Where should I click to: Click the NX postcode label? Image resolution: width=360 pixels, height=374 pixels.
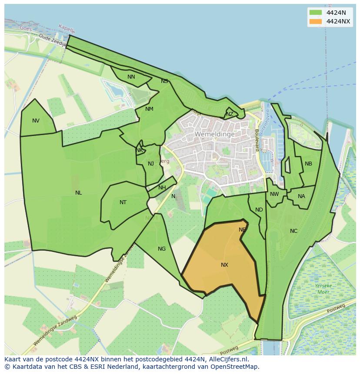pyautogui.click(x=224, y=265)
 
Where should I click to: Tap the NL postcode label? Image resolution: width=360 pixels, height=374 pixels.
pyautogui.click(x=78, y=193)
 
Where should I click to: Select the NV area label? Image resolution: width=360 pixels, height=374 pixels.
pyautogui.click(x=36, y=121)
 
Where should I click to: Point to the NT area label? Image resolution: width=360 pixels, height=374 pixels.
pyautogui.click(x=123, y=202)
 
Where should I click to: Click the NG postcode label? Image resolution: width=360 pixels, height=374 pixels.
pyautogui.click(x=162, y=249)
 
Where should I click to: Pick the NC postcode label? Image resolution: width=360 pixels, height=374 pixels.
pyautogui.click(x=293, y=231)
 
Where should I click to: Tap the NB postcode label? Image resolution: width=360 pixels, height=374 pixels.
pyautogui.click(x=308, y=164)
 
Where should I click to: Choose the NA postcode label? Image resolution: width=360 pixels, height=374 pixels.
pyautogui.click(x=301, y=196)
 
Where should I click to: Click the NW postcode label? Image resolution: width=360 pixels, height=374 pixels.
pyautogui.click(x=274, y=194)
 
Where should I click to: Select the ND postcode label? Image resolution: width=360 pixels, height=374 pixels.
pyautogui.click(x=259, y=210)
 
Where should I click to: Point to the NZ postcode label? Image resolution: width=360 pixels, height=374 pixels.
pyautogui.click(x=230, y=114)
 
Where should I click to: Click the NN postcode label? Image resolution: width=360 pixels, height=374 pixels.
pyautogui.click(x=131, y=77)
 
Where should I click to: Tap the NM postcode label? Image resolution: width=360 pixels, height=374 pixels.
pyautogui.click(x=149, y=109)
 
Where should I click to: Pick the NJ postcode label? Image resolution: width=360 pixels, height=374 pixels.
pyautogui.click(x=151, y=164)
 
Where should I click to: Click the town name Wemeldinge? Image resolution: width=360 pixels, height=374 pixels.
pyautogui.click(x=215, y=134)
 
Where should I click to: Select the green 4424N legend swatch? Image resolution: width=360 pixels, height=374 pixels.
pyautogui.click(x=315, y=13)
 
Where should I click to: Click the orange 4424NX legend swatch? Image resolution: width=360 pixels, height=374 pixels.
pyautogui.click(x=315, y=21)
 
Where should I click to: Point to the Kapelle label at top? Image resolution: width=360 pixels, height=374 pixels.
pyautogui.click(x=67, y=29)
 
